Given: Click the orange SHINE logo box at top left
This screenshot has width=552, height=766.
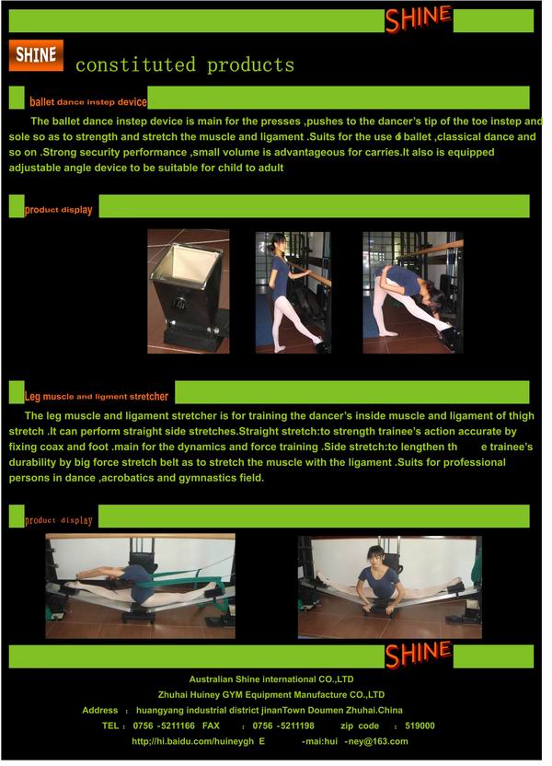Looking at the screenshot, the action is coord(36,55).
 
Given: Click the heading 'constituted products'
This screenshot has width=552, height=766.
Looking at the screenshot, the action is coord(185,65).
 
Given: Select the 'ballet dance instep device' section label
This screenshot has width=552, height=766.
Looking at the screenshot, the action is coord(87,101).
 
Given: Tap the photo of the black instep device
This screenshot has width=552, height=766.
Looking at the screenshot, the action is coord(189,291).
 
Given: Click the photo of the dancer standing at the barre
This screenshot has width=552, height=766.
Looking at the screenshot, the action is coord(293,292).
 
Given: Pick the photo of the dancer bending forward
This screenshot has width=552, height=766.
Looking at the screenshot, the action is coord(413,292).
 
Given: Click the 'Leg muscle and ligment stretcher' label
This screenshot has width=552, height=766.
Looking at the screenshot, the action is coord(97,396).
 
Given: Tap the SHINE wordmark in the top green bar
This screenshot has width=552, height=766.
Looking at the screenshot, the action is coord(419,18).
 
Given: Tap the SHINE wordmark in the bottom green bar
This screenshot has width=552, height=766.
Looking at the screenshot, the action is coord(419,655).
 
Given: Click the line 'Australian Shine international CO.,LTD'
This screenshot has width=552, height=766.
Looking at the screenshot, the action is coord(271,679).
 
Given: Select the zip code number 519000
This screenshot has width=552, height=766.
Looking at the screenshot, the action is coord(420,725).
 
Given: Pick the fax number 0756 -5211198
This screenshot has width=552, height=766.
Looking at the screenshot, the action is coord(283,725).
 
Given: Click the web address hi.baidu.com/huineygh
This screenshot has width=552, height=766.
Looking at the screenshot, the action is coord(193,741).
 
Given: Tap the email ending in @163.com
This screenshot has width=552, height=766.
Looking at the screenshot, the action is coord(355,741).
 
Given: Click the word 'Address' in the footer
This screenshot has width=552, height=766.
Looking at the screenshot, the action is coord(100,711).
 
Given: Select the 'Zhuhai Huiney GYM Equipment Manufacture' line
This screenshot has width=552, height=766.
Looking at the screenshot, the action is coord(271,695).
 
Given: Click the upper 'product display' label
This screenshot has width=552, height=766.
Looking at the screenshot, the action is coord(59,210).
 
